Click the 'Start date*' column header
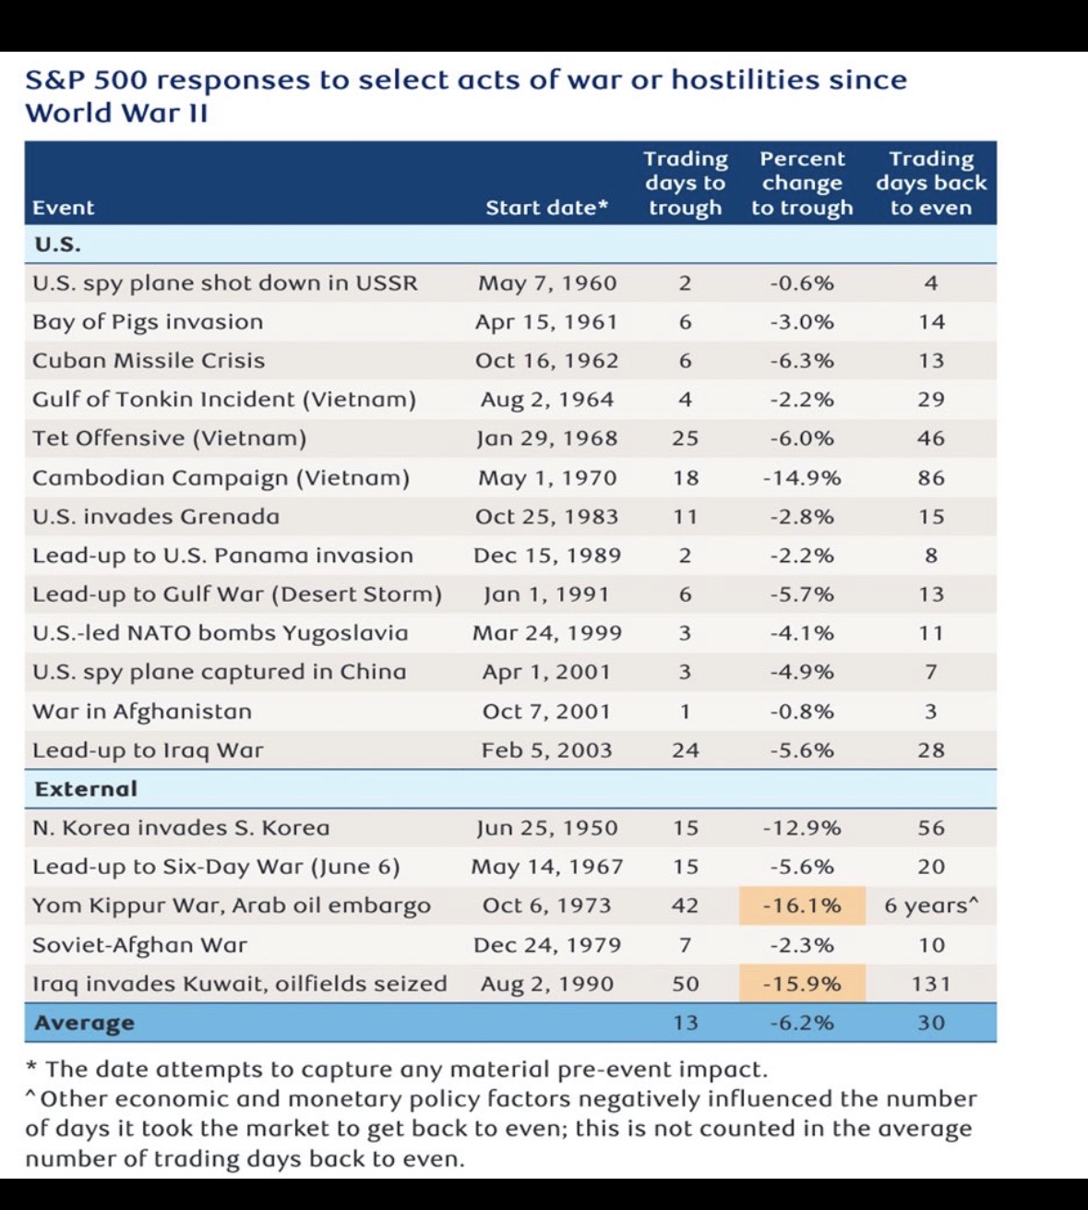(546, 208)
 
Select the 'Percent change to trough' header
(802, 183)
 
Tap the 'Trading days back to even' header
(931, 183)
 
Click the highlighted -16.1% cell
(802, 905)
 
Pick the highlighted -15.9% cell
(802, 984)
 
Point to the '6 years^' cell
(931, 905)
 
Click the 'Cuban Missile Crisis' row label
(149, 361)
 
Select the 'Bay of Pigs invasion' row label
(148, 322)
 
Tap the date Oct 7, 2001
(546, 712)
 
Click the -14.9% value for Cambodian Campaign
(802, 478)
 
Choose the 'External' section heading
(86, 789)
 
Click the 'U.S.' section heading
(56, 245)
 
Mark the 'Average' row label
(84, 1023)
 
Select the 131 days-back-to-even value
(931, 984)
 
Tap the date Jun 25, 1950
(546, 828)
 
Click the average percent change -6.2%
(802, 1023)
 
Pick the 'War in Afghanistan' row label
(142, 712)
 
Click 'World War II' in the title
(116, 114)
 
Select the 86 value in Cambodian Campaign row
(931, 478)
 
